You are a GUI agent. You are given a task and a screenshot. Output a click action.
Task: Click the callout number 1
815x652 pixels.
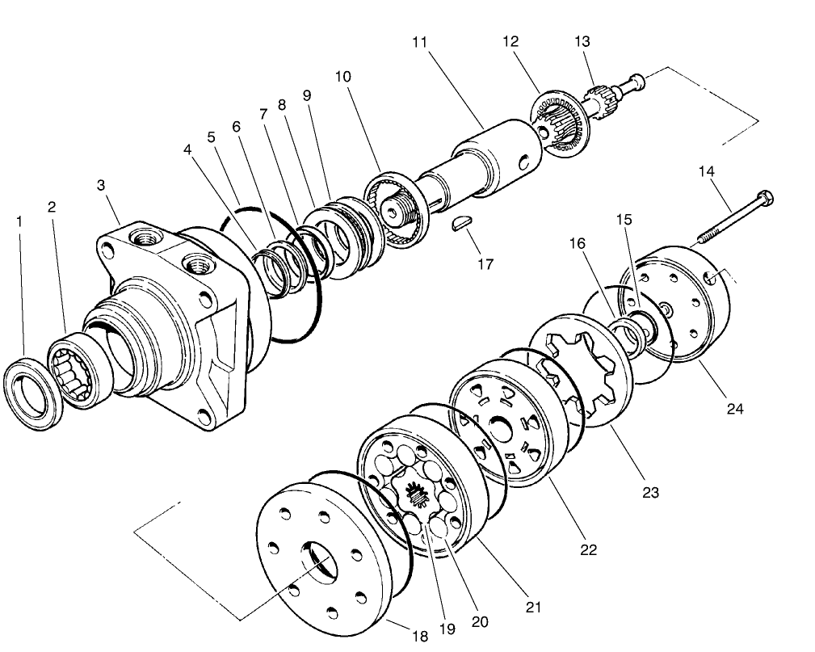[19, 220]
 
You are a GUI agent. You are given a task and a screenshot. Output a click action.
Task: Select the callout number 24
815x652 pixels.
[733, 408]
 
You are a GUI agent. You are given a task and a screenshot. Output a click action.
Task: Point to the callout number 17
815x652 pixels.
[485, 263]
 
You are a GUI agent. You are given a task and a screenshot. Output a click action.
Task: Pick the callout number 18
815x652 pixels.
[420, 636]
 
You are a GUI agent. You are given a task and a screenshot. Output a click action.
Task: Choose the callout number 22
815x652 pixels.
[588, 549]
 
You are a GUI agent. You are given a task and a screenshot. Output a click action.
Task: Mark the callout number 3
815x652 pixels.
[101, 185]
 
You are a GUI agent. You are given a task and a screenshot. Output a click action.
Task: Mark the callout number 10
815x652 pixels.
[342, 77]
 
